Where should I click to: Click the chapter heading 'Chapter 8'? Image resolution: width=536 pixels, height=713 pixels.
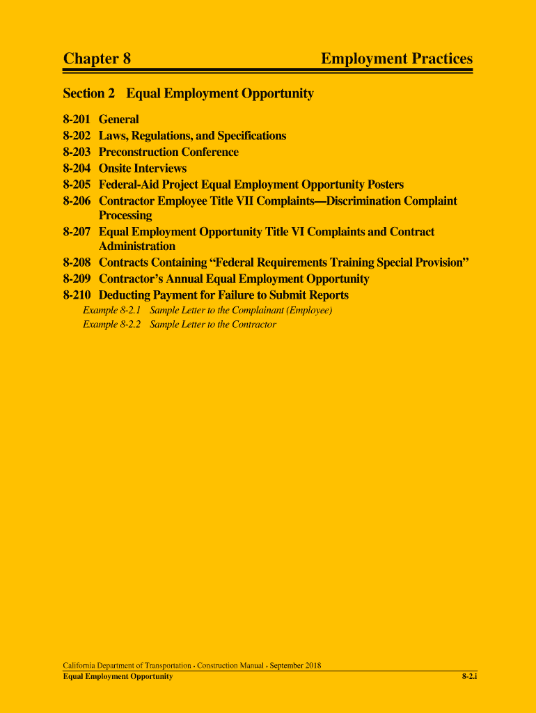[x=97, y=59]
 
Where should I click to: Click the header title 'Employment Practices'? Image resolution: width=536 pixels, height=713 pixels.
[x=396, y=59]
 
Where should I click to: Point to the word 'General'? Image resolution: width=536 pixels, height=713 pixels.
[x=119, y=119]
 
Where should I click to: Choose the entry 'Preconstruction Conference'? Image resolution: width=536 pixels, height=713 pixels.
[x=168, y=152]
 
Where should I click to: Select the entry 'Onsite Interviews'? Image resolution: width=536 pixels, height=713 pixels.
[x=143, y=169]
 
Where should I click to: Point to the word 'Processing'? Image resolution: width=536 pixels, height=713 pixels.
[x=125, y=216]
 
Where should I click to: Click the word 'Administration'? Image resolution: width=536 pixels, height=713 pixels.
[x=137, y=246]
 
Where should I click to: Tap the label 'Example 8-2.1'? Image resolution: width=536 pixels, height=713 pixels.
[x=112, y=310]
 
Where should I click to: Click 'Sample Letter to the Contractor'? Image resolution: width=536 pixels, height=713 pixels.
[x=213, y=324]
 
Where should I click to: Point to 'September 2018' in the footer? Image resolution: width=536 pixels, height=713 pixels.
[x=295, y=666]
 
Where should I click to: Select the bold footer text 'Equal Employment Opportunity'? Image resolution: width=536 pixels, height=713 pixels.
[x=118, y=677]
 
